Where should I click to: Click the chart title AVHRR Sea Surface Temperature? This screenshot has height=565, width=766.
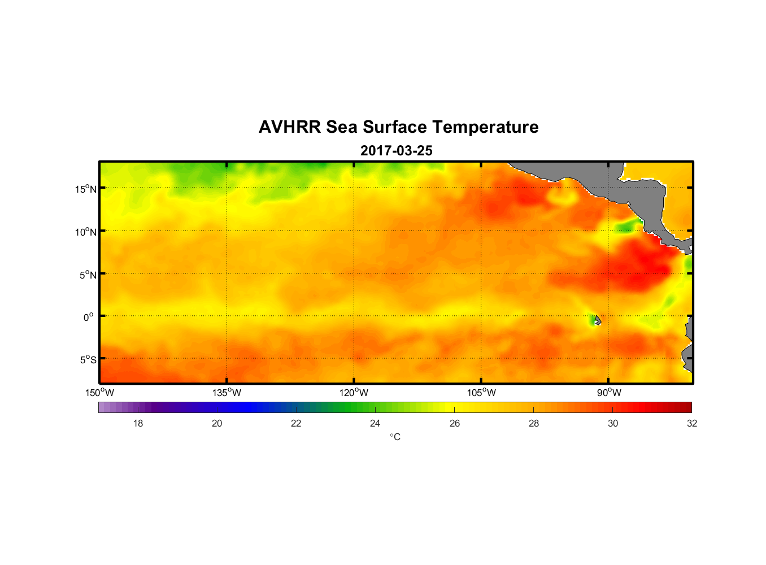pyautogui.click(x=398, y=127)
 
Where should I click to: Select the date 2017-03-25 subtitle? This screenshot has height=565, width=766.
pyautogui.click(x=396, y=151)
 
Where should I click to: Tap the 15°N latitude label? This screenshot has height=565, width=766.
pyautogui.click(x=86, y=189)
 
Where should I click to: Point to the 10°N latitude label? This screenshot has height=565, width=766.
pyautogui.click(x=86, y=232)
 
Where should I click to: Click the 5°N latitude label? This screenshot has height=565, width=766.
pyautogui.click(x=87, y=275)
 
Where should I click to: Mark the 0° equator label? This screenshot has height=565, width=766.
pyautogui.click(x=89, y=317)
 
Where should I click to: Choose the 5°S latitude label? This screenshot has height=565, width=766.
pyautogui.click(x=87, y=360)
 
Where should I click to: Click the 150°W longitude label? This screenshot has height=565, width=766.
pyautogui.click(x=100, y=393)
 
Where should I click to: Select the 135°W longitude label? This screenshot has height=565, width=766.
pyautogui.click(x=227, y=393)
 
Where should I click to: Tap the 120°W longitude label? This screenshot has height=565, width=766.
pyautogui.click(x=354, y=393)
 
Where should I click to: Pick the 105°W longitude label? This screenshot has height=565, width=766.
pyautogui.click(x=481, y=393)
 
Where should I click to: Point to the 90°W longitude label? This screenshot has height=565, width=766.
pyautogui.click(x=609, y=393)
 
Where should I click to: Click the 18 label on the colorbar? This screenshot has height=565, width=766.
pyautogui.click(x=138, y=423)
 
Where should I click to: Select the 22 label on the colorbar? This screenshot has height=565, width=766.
pyautogui.click(x=296, y=423)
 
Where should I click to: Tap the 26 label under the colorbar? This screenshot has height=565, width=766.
pyautogui.click(x=455, y=423)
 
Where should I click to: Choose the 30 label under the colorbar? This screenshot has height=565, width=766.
pyautogui.click(x=613, y=423)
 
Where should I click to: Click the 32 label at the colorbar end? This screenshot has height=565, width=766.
pyautogui.click(x=692, y=423)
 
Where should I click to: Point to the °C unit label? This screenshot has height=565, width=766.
pyautogui.click(x=395, y=437)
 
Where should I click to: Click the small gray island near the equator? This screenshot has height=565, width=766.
pyautogui.click(x=598, y=320)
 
